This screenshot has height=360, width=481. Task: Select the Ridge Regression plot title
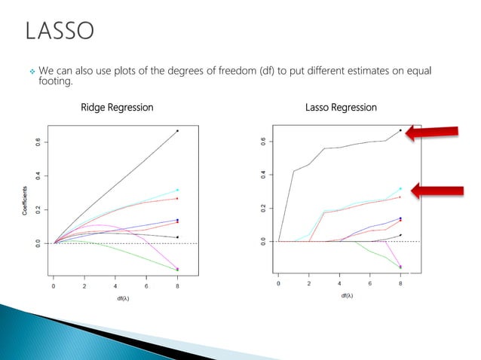117,107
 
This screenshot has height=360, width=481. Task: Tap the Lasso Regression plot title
342,107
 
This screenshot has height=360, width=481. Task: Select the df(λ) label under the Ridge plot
115,299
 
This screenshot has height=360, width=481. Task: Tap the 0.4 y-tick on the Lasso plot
263,174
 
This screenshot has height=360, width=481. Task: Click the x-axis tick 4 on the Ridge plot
115,287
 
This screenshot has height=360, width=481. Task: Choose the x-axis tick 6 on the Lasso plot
369,283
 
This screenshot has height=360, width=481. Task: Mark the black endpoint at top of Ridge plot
177,131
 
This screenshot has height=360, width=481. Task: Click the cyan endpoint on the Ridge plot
177,190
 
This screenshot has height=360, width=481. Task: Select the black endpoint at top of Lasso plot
400,130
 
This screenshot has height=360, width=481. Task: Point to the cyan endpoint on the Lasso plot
400,188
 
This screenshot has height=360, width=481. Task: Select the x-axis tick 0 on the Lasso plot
278,283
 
